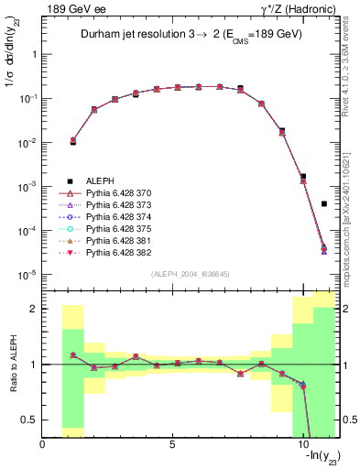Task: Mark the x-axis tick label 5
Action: click(172, 444)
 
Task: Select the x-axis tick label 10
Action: click(302, 444)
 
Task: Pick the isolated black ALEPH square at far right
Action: click(324, 204)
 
